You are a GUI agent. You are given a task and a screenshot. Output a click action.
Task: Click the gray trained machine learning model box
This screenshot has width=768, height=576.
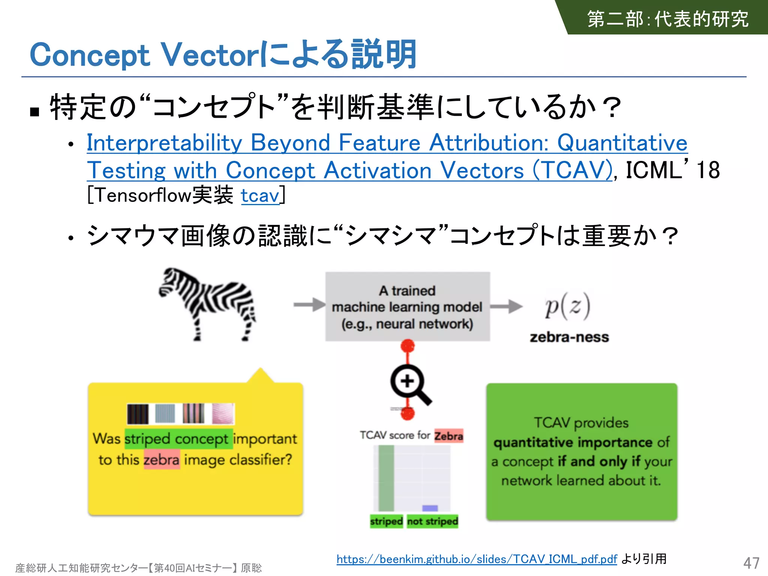click(407, 306)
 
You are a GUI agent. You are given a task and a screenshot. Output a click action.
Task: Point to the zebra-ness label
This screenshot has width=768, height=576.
click(569, 337)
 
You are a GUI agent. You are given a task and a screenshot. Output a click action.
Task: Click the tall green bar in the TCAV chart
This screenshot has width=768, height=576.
click(386, 478)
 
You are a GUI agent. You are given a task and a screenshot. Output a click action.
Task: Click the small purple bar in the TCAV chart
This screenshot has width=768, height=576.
click(430, 508)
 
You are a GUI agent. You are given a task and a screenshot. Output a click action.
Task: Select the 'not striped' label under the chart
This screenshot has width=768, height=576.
click(432, 521)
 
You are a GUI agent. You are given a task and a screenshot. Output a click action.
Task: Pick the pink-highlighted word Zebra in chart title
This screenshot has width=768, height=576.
click(448, 436)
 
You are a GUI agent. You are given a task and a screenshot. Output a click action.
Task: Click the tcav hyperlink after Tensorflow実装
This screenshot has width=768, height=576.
click(260, 195)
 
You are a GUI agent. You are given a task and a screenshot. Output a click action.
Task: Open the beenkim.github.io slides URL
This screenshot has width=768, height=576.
click(476, 559)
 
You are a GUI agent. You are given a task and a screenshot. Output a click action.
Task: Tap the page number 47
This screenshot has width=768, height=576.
click(751, 563)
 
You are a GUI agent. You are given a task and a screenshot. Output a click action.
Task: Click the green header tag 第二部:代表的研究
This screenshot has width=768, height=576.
click(667, 19)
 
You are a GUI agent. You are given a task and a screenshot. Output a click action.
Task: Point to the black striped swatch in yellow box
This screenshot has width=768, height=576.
click(138, 414)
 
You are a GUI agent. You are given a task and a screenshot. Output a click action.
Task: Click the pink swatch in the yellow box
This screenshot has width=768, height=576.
click(223, 414)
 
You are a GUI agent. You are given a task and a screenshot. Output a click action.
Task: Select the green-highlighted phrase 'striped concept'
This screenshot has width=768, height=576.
click(177, 439)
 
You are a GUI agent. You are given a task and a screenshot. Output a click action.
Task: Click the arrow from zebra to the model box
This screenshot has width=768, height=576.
click(309, 304)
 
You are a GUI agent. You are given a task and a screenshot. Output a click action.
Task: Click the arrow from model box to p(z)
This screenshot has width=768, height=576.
click(506, 306)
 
